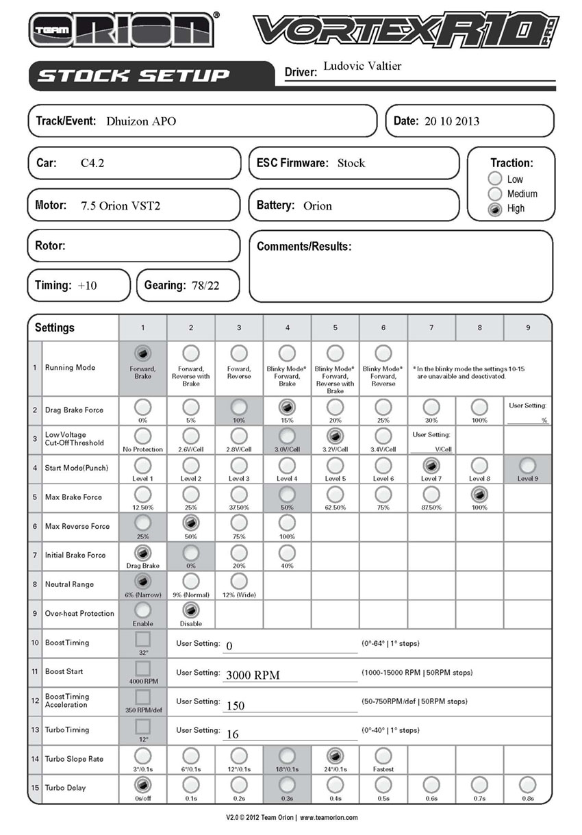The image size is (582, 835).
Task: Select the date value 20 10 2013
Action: pos(452,121)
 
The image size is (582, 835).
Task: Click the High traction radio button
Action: pos(495,209)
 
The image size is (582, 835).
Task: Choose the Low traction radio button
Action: pos(495,179)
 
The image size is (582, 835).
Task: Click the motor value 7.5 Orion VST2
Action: pos(120,205)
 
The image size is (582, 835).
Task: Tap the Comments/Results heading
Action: pos(304,247)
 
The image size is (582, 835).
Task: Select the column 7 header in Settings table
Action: pos(431,327)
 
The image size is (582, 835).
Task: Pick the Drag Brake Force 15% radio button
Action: pos(287,407)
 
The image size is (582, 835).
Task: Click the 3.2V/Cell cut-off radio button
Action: pos(335,436)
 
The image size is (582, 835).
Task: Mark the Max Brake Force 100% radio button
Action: pos(479,494)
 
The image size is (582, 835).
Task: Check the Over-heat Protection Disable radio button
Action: pos(191,610)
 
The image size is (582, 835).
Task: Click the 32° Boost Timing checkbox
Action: pos(142,639)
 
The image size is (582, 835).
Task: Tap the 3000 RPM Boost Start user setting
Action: pos(253,675)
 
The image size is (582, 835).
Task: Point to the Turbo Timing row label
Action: pos(67,730)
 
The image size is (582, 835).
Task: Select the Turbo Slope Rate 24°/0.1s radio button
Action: pos(335,756)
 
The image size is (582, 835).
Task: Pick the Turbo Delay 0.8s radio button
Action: pos(527,784)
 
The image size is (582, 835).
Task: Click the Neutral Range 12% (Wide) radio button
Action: pos(239,581)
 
